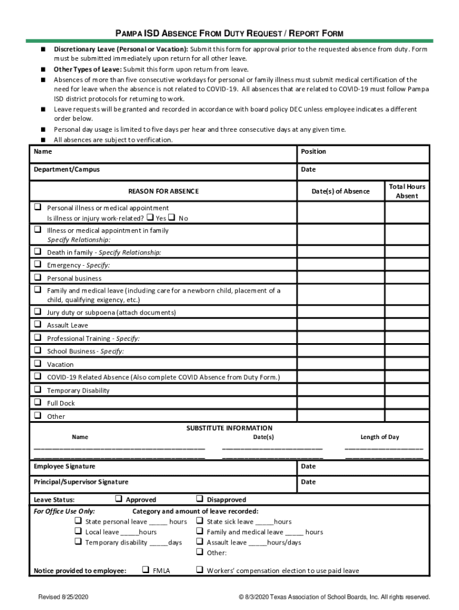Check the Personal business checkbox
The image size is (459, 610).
(x=38, y=278)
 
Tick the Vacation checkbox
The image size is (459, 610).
(x=38, y=363)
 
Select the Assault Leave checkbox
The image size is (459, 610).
(x=38, y=325)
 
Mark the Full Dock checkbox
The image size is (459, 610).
(x=38, y=403)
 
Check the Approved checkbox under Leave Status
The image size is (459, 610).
(x=118, y=499)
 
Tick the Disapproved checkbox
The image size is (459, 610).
(x=200, y=499)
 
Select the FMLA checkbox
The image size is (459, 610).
(x=145, y=570)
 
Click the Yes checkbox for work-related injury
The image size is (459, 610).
(x=150, y=217)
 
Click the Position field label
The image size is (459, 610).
(x=314, y=151)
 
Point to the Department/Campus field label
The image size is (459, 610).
(x=66, y=169)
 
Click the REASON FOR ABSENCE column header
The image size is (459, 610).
(x=163, y=191)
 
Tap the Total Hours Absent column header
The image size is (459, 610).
(x=407, y=191)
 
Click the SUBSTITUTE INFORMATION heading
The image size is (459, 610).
(x=229, y=428)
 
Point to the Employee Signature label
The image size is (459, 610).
(x=64, y=466)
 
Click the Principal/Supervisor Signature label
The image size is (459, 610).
(x=80, y=482)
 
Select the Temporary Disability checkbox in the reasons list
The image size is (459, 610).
(x=38, y=390)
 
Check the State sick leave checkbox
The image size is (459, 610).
(x=200, y=521)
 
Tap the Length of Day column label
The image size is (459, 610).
(x=380, y=437)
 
